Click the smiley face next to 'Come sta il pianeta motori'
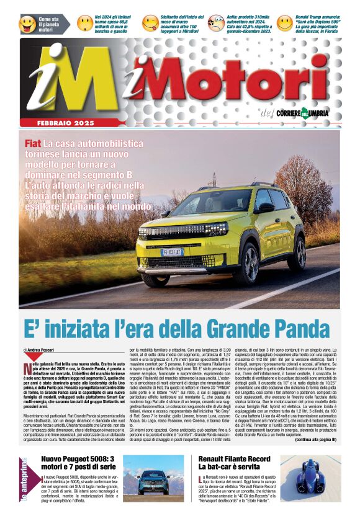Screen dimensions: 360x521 tap(27, 24)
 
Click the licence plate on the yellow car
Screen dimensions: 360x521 tap(172, 252)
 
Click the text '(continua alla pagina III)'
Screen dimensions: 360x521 tap(315, 439)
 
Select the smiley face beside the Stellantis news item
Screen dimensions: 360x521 tap(150, 24)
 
